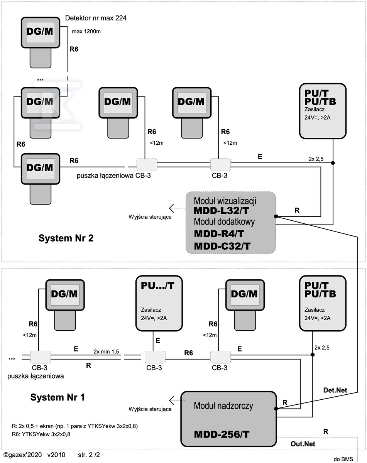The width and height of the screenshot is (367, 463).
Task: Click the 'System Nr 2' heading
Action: coord(66,238)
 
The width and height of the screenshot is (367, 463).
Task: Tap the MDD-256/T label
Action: coord(222,434)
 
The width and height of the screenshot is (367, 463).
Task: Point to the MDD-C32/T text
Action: coord(222,246)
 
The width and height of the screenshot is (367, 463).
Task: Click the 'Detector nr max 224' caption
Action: coord(96,18)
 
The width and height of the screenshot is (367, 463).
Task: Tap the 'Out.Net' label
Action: coord(303,444)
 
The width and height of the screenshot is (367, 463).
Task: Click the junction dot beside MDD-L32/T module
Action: coord(276,216)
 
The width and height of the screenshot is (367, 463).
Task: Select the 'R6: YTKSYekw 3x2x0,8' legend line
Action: coord(42,434)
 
